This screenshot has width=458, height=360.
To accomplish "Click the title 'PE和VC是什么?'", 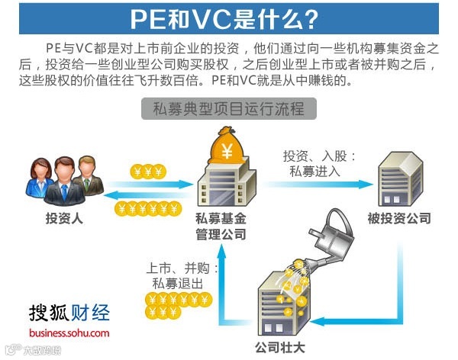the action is pyautogui.click(x=228, y=18).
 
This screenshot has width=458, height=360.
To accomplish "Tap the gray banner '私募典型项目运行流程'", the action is pyautogui.click(x=228, y=109).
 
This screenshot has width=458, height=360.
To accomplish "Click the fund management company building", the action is pyautogui.click(x=224, y=187).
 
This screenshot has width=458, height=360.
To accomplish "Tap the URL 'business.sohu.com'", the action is pyautogui.click(x=69, y=333).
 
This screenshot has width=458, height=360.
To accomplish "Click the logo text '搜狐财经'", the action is pyautogui.click(x=69, y=313).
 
